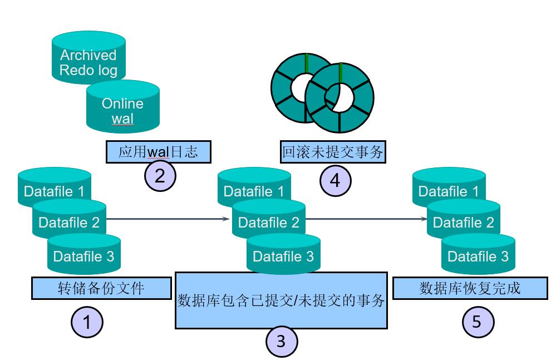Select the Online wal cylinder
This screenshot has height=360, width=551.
click(122, 110)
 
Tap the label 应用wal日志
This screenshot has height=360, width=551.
click(158, 151)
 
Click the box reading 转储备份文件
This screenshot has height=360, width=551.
click(101, 288)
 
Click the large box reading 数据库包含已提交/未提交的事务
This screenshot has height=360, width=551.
click(281, 301)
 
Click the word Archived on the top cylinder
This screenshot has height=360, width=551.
click(88, 55)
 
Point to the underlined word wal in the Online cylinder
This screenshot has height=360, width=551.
click(122, 119)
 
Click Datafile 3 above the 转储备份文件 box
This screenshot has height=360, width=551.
click(83, 257)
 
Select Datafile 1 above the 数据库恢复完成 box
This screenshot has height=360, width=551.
click(449, 191)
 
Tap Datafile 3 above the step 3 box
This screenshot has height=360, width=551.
click(283, 257)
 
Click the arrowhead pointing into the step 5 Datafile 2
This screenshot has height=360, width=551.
click(424, 219)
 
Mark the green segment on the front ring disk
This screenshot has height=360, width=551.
click(339, 75)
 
